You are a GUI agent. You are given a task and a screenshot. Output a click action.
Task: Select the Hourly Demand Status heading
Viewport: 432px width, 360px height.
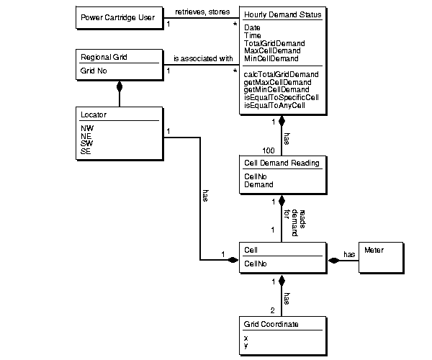point(282,15)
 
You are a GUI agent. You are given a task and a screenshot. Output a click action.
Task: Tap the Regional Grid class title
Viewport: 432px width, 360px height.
point(101,57)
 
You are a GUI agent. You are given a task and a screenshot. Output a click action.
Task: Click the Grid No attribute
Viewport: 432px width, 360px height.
point(94,72)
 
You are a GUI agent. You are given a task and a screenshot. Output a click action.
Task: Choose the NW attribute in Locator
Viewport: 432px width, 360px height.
point(87,128)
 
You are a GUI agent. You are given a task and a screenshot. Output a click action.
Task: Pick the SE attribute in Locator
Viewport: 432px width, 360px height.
point(86,152)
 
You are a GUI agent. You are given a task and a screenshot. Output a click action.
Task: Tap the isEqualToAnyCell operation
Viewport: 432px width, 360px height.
point(275,105)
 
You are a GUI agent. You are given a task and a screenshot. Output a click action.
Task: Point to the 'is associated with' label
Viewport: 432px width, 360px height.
point(202,58)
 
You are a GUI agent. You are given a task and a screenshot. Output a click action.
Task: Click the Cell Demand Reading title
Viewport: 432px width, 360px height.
point(282,163)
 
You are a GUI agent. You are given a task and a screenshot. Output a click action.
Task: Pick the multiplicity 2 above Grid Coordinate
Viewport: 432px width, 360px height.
point(273,310)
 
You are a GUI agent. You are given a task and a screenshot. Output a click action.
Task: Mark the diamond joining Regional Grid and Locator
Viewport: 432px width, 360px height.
point(120,88)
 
